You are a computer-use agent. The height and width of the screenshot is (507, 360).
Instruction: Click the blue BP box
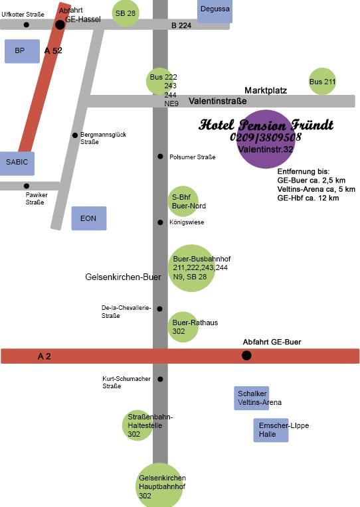[x=22, y=51]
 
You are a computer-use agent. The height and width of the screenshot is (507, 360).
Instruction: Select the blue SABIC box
[x=17, y=163]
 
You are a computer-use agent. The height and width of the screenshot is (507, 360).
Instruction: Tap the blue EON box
[x=89, y=218]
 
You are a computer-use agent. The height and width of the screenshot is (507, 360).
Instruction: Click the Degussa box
[x=215, y=11]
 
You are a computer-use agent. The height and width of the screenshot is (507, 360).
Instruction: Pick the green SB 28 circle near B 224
[x=126, y=13]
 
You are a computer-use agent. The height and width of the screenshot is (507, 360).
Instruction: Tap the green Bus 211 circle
[x=322, y=81]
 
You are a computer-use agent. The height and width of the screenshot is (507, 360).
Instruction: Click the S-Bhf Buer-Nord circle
[x=183, y=202]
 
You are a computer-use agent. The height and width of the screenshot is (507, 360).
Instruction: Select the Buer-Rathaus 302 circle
[x=183, y=327]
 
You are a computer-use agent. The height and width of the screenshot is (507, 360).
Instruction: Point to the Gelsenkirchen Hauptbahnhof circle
[x=160, y=485]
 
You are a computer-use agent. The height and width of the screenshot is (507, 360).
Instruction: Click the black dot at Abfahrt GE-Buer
[x=246, y=356]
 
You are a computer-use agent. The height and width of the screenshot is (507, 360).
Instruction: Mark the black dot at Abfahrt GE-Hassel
[x=60, y=25]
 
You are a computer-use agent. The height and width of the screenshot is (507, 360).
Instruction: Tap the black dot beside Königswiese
[x=160, y=222]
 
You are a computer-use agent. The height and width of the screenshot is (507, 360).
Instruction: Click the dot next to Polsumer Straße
[x=160, y=157]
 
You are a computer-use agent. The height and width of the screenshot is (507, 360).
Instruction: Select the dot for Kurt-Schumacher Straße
[x=160, y=379]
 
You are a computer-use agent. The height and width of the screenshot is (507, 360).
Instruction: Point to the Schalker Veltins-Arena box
[x=252, y=398]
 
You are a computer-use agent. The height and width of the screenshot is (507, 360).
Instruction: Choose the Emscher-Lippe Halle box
[x=270, y=430]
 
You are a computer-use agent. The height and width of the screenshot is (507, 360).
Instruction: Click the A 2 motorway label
[x=45, y=356]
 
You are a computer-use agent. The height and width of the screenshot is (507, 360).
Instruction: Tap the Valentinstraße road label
[x=218, y=102]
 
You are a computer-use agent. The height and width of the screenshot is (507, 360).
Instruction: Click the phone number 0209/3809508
[x=266, y=137]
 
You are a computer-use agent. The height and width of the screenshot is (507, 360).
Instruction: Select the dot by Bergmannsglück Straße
[x=75, y=135]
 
